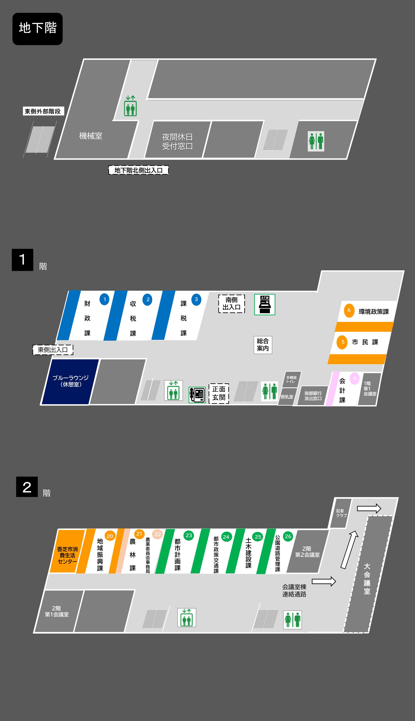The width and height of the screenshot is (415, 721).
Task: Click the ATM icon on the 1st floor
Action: click(x=265, y=304)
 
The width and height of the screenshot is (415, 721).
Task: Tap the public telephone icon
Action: click(x=197, y=395)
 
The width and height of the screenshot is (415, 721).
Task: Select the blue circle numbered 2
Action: click(x=147, y=299)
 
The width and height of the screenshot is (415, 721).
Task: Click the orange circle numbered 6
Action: click(x=349, y=310)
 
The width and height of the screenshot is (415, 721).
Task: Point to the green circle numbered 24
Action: click(x=226, y=537)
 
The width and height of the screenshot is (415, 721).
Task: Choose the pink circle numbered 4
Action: click(x=355, y=378)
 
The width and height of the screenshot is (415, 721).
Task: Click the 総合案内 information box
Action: click(x=263, y=345)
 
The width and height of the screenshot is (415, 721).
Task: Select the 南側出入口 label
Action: click(x=231, y=304)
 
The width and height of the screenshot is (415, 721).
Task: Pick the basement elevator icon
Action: click(x=130, y=106)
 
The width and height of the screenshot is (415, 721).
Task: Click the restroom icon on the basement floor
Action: click(x=316, y=141)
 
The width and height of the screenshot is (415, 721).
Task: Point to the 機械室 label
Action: click(x=91, y=136)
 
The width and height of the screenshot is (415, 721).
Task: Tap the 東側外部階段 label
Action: click(x=43, y=111)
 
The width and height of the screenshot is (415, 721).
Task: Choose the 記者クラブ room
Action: click(x=341, y=513)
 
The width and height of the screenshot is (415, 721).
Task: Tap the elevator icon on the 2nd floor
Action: click(x=187, y=617)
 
